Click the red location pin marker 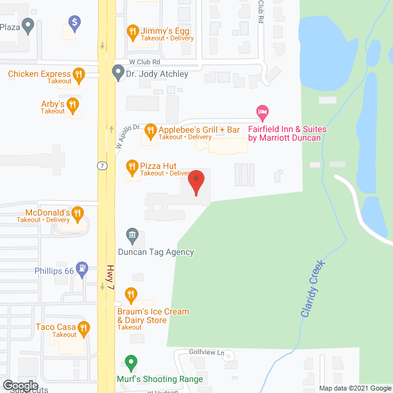(x=196, y=183)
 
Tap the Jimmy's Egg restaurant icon (x=132, y=31)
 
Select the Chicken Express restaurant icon (x=78, y=75)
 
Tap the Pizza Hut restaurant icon (x=131, y=166)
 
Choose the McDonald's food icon (x=77, y=214)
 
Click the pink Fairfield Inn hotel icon (x=262, y=112)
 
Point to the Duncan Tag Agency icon (x=131, y=235)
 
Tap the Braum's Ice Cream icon (x=130, y=295)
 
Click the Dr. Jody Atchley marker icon (x=118, y=74)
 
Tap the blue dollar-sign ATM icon (x=75, y=25)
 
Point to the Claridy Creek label (x=313, y=289)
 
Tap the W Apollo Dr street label (x=128, y=136)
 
